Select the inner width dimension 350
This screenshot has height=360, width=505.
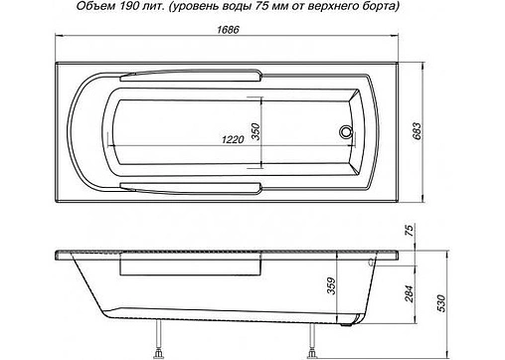click(254, 130)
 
